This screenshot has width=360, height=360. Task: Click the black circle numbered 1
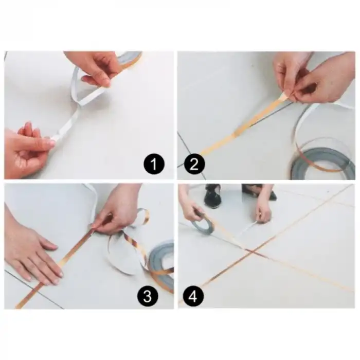(x=153, y=165)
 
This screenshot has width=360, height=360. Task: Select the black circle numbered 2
(x=194, y=165)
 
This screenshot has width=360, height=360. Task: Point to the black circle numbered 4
(x=194, y=296)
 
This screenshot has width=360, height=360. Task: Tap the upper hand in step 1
(x=95, y=67)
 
